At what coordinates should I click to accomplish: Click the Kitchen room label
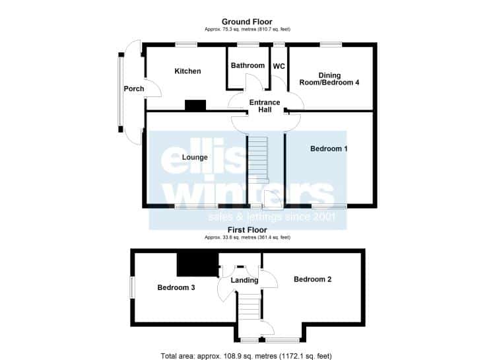pyautogui.click(x=187, y=71)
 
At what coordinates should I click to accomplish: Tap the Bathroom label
pyautogui.click(x=247, y=65)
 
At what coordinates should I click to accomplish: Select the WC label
pyautogui.click(x=279, y=66)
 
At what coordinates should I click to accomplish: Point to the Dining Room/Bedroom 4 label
pyautogui.click(x=329, y=79)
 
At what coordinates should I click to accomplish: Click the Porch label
pyautogui.click(x=134, y=89)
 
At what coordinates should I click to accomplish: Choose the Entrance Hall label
pyautogui.click(x=265, y=106)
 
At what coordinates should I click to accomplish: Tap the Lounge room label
pyautogui.click(x=195, y=157)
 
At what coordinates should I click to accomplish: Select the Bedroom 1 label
pyautogui.click(x=329, y=149)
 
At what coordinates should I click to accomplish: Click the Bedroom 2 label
pyautogui.click(x=313, y=279)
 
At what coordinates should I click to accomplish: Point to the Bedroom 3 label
pyautogui.click(x=176, y=287)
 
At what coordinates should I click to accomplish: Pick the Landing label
pyautogui.click(x=244, y=280)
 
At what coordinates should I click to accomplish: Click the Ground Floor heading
pyautogui.click(x=247, y=22)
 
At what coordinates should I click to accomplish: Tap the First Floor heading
pyautogui.click(x=247, y=230)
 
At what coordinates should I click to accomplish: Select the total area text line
pyautogui.click(x=246, y=356)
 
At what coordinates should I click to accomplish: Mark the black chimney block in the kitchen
pyautogui.click(x=195, y=105)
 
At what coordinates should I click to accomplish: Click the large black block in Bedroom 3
pyautogui.click(x=197, y=265)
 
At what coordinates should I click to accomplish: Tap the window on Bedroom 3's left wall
pyautogui.click(x=132, y=287)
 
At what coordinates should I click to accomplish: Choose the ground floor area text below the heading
pyautogui.click(x=247, y=29)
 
